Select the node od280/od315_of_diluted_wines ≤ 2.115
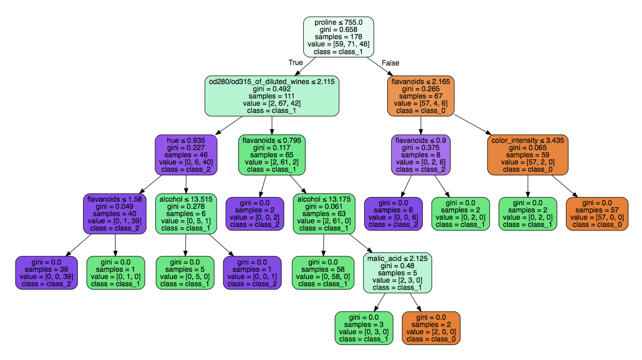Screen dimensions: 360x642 [x=272, y=96]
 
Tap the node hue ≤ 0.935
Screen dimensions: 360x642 [x=186, y=155]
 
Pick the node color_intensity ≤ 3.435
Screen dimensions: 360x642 [x=528, y=155]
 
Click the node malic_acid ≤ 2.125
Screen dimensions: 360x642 [x=398, y=273]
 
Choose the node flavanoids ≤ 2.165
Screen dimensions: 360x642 [x=421, y=96]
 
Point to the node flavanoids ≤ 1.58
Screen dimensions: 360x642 [x=114, y=214]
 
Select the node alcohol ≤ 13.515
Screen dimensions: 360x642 [x=186, y=214]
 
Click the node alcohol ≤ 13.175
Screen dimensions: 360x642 [x=324, y=214]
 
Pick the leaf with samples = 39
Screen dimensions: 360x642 [x=46, y=273]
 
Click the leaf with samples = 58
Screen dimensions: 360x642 [x=323, y=273]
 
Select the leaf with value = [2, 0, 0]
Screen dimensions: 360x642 [x=431, y=328]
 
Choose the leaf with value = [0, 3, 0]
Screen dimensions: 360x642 [x=364, y=328]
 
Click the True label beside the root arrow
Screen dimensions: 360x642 [x=295, y=63]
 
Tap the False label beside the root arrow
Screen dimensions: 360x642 [x=390, y=63]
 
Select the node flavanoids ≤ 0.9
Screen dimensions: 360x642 [x=421, y=155]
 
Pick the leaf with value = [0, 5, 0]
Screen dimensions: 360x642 [x=186, y=273]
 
